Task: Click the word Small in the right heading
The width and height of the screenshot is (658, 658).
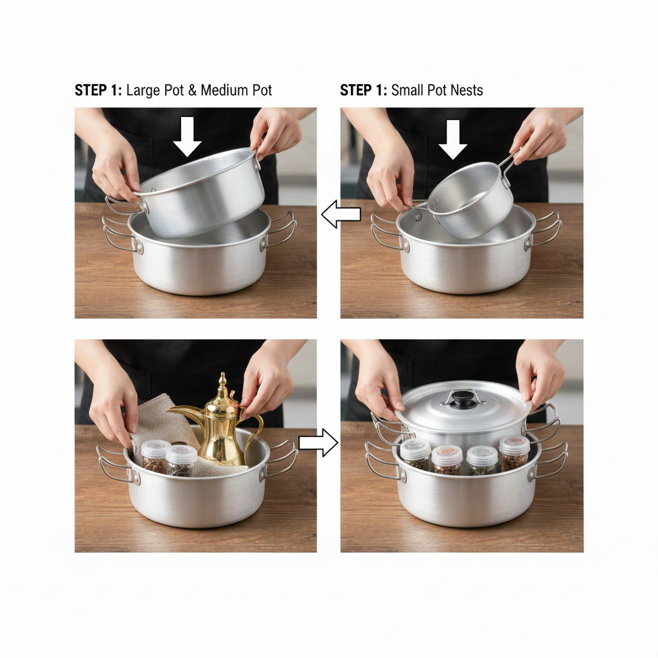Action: (407, 90)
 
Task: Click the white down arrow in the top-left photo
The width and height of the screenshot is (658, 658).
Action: (187, 137)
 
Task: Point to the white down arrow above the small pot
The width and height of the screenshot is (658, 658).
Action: (453, 139)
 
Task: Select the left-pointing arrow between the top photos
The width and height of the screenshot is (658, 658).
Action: (341, 214)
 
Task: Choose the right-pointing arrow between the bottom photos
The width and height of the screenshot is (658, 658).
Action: (319, 443)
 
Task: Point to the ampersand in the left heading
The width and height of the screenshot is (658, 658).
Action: (192, 91)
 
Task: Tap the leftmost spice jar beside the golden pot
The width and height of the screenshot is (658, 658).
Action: (156, 457)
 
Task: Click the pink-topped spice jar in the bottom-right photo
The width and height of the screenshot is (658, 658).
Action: (447, 459)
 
